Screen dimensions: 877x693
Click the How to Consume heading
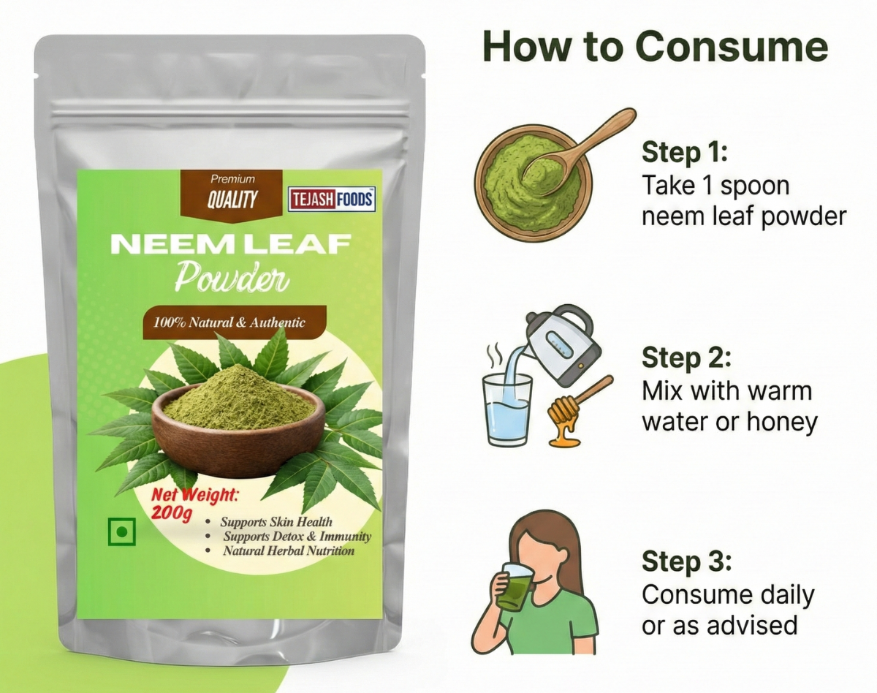(656, 48)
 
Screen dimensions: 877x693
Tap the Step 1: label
(685, 153)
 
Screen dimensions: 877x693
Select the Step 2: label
(687, 357)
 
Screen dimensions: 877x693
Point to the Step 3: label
(687, 561)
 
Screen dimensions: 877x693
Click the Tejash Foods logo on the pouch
(332, 200)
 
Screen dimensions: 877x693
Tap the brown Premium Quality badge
(232, 196)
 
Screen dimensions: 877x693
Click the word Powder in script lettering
(232, 277)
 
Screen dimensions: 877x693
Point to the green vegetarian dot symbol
(122, 531)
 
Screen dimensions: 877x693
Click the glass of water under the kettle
(507, 410)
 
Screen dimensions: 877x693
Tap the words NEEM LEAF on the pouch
(231, 244)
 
